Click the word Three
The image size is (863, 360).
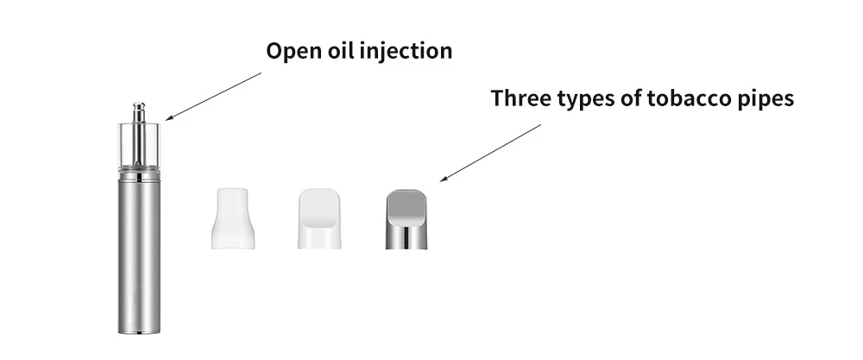520,98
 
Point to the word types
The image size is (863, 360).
585,99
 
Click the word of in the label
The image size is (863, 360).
630,98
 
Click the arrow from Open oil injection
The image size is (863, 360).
213,96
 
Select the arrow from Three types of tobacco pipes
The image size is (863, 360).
490,153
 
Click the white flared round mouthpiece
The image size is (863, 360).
232,218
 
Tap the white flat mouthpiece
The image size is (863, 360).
319,218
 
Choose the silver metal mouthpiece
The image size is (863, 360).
406,219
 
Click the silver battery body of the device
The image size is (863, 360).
139,256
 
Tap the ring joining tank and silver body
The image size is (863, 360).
139,175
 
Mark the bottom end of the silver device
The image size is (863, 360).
139,332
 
